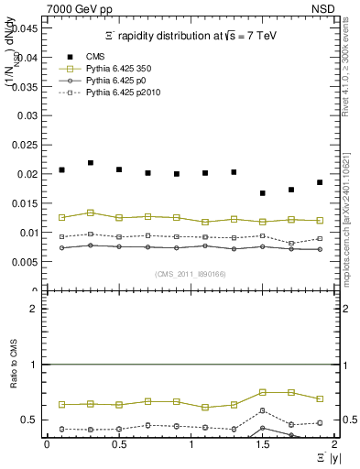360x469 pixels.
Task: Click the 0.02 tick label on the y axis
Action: pos(28,174)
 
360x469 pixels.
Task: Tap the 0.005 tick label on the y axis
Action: pos(25,262)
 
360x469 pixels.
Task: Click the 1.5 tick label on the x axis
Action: pos(263,444)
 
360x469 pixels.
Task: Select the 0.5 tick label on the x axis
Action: pos(119,444)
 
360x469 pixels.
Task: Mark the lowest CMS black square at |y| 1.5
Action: pos(263,193)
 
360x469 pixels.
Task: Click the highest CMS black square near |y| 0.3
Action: pos(91,163)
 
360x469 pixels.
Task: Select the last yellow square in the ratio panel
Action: pos(320,399)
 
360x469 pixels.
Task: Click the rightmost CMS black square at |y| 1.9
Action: pos(320,182)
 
